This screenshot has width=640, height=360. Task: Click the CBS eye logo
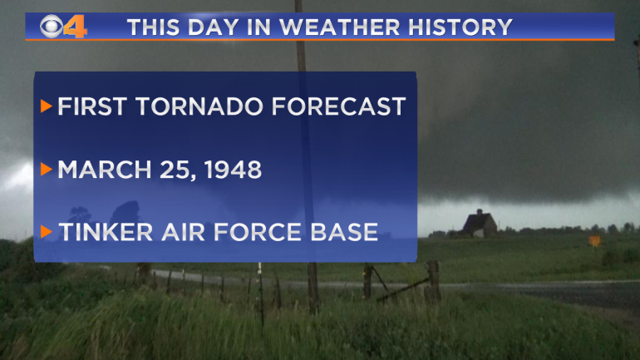(x=52, y=27)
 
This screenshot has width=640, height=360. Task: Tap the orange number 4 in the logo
(x=75, y=27)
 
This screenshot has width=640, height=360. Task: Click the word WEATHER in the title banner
(x=340, y=27)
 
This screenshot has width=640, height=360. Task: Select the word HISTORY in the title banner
(x=460, y=27)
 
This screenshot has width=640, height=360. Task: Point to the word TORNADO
(x=200, y=106)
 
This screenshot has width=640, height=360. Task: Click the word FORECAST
(x=338, y=106)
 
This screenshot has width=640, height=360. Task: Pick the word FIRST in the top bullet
(x=92, y=106)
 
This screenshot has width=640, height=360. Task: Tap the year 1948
(x=233, y=170)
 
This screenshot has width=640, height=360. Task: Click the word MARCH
(x=105, y=170)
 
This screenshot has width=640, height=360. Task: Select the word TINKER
(x=106, y=232)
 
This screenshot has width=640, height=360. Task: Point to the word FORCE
(x=258, y=232)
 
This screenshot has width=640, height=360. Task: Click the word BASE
(x=343, y=232)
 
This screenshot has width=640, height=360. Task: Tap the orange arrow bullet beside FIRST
(x=46, y=106)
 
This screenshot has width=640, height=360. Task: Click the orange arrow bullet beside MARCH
(x=46, y=169)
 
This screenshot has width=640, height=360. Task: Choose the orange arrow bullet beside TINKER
(x=46, y=232)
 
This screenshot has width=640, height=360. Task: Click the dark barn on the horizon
(x=480, y=224)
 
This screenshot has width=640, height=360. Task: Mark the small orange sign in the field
(x=594, y=241)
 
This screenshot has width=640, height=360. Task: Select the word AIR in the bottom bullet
(x=184, y=232)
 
